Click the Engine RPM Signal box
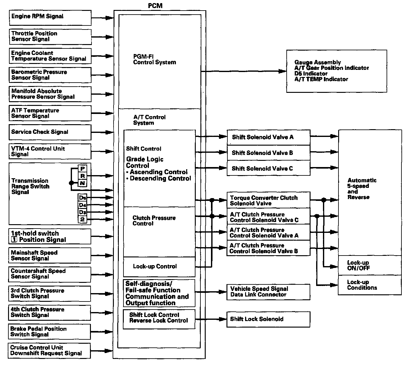[50, 18]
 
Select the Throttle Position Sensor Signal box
[50, 37]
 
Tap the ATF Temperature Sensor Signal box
[50, 113]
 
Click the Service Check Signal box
[50, 132]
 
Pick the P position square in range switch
[83, 169]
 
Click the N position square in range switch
[83, 183]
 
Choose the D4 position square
[83, 205]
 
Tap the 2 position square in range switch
[83, 220]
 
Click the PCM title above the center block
[155, 6]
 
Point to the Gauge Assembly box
[336, 71]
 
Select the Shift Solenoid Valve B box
[268, 153]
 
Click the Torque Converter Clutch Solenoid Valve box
[268, 201]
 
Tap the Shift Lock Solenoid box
[268, 319]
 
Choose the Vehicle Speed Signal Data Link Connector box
[268, 292]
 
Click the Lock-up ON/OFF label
[359, 265]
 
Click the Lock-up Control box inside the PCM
[159, 267]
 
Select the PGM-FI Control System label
[154, 60]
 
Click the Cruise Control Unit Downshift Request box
[49, 351]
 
